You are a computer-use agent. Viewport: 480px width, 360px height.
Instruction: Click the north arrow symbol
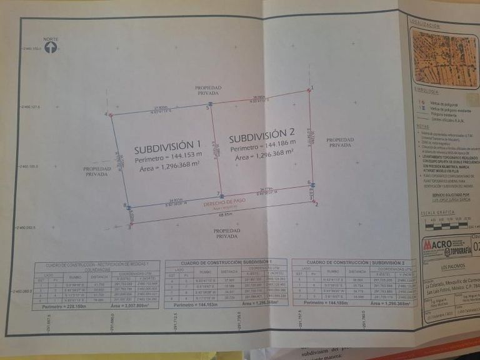coord(51,47)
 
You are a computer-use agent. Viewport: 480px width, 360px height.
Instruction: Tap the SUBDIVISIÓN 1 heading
coord(168,149)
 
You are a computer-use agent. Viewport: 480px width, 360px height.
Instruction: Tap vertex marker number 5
coord(211,104)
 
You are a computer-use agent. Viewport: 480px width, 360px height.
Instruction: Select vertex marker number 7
coord(219,194)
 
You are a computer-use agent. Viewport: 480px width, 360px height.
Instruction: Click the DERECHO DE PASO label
coord(221,202)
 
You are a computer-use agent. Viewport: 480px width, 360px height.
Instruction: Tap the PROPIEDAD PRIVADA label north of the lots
coord(208,90)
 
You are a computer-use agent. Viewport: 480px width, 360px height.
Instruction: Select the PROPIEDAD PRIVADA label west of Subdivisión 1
coord(97,171)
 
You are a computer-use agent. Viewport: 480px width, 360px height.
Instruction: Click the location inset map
coord(443,58)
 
